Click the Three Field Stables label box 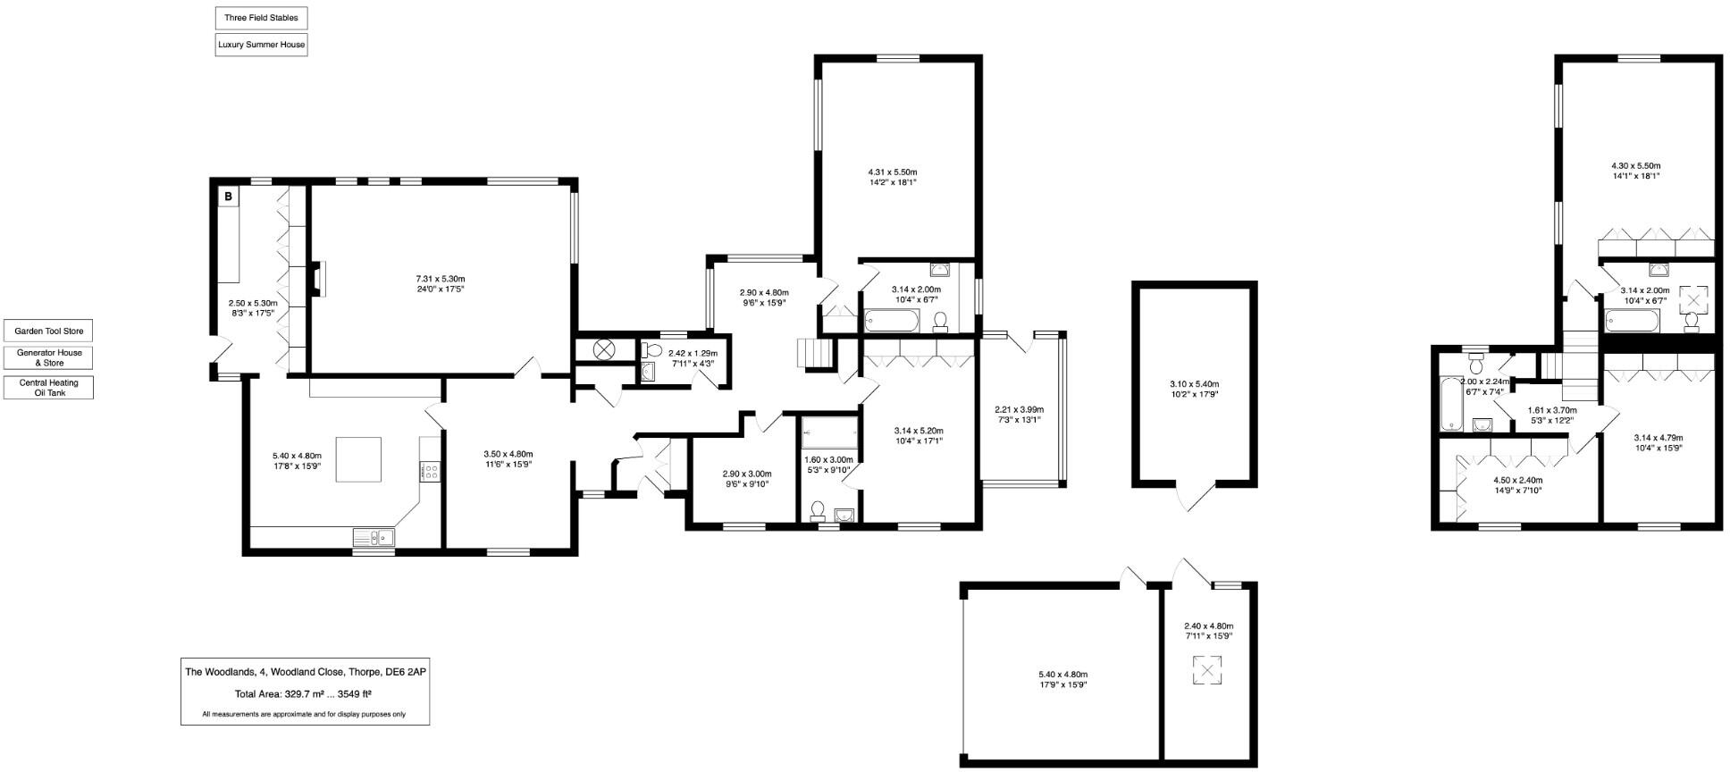261,18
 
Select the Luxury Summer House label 261,45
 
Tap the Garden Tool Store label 48,331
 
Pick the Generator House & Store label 48,357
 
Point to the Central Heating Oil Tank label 48,388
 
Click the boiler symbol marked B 229,197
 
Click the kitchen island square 358,459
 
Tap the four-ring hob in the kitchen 430,470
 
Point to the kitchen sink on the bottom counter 374,537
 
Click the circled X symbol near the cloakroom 604,349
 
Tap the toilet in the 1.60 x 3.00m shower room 817,510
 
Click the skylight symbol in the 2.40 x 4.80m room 1207,671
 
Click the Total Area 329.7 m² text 303,694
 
